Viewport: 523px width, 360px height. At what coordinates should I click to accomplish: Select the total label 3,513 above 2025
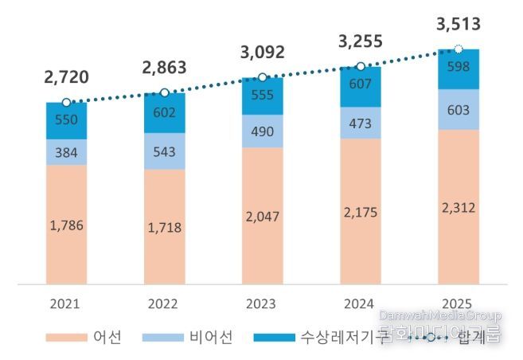(458, 25)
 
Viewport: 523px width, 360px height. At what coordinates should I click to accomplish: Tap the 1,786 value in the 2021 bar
(66, 225)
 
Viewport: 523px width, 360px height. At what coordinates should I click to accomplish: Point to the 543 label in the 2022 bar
(164, 151)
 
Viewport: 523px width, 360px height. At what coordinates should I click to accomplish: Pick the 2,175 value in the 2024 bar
(360, 213)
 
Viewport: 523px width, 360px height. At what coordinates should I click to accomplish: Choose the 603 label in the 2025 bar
(458, 109)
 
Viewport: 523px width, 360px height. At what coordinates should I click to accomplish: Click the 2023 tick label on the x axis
(262, 303)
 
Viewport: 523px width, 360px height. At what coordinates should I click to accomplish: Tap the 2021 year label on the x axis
(66, 303)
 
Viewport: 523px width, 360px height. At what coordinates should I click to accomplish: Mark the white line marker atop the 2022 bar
(164, 93)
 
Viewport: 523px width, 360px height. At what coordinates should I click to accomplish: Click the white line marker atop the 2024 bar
(360, 67)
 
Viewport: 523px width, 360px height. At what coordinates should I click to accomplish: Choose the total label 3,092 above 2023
(262, 53)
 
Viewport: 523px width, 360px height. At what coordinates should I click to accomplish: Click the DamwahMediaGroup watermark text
(440, 316)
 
